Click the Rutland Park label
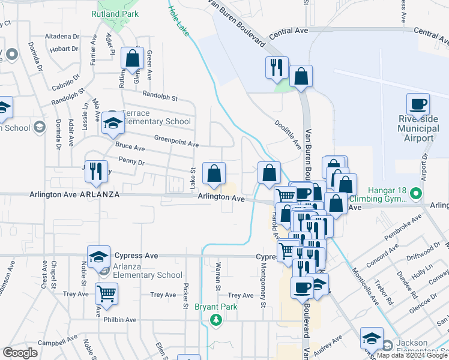pos(115,14)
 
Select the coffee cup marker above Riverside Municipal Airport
pos(418,104)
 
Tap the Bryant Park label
pos(215,307)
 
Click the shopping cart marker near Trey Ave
pos(107,293)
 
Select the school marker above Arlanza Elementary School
pos(99,257)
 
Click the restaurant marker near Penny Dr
pos(95,171)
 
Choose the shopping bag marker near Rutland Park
pos(132,59)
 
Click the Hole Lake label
pos(178,20)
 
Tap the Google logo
pos(20,353)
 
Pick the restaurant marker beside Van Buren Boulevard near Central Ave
pos(277,67)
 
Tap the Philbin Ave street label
pos(120,320)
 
